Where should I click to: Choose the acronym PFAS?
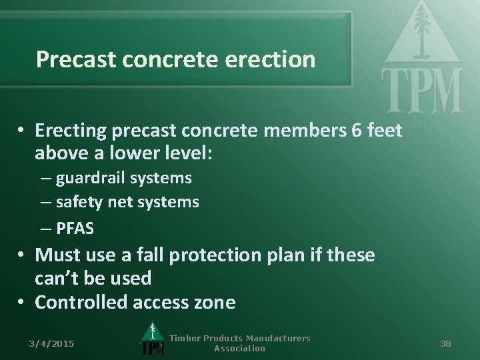(75, 229)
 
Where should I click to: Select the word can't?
(58, 278)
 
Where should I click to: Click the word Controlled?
(81, 303)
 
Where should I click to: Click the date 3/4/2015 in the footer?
(52, 343)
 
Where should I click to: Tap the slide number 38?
(445, 343)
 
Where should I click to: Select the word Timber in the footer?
(185, 339)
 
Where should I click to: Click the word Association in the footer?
(239, 349)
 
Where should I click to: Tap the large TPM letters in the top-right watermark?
(421, 91)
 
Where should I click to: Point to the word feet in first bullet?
(385, 131)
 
